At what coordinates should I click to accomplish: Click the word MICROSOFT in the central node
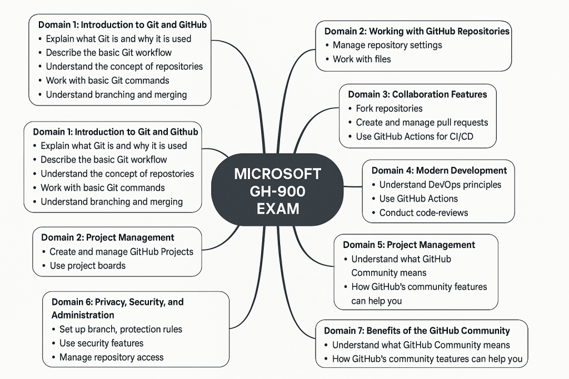pos(277,174)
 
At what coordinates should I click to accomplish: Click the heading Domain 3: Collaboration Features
pos(417,94)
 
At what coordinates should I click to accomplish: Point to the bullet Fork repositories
pos(389,108)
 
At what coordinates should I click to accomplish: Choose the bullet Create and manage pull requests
pos(422,122)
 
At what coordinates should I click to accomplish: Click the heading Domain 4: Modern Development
pos(439,170)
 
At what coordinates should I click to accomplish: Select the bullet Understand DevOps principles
pos(440,185)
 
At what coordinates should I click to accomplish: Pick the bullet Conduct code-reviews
pos(423,213)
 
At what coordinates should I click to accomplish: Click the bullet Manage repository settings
pos(387,45)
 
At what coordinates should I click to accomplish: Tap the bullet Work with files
pos(362,59)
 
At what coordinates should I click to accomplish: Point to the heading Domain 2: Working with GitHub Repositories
pos(417,31)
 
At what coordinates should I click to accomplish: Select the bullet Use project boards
pos(87,265)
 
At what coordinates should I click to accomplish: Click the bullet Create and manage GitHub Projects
pos(121,251)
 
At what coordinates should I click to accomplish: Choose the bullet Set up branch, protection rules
pos(121,329)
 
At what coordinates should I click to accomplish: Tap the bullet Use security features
pos(101,343)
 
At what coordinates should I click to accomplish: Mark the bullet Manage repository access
pos(111,357)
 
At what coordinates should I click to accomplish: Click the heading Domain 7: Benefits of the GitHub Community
pos(417,331)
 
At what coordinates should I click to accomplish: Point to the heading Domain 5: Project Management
pos(409,245)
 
